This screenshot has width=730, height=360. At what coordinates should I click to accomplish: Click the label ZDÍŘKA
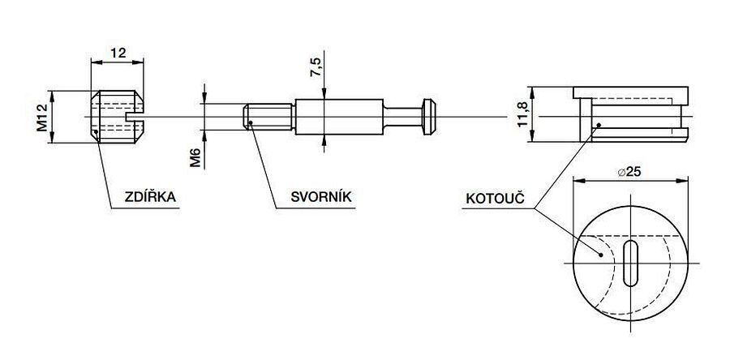click(x=150, y=196)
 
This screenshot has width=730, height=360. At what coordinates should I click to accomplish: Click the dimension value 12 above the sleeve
click(x=118, y=54)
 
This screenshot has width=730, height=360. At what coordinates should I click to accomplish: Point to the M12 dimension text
click(x=41, y=117)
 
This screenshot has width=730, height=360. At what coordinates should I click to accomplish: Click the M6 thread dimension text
click(x=195, y=156)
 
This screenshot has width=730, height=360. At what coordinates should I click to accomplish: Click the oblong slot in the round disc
click(x=630, y=262)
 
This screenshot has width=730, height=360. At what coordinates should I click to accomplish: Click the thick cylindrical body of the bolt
click(x=338, y=117)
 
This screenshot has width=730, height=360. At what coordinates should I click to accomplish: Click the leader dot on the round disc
click(x=599, y=254)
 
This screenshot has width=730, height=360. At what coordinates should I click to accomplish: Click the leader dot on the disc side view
click(x=599, y=125)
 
